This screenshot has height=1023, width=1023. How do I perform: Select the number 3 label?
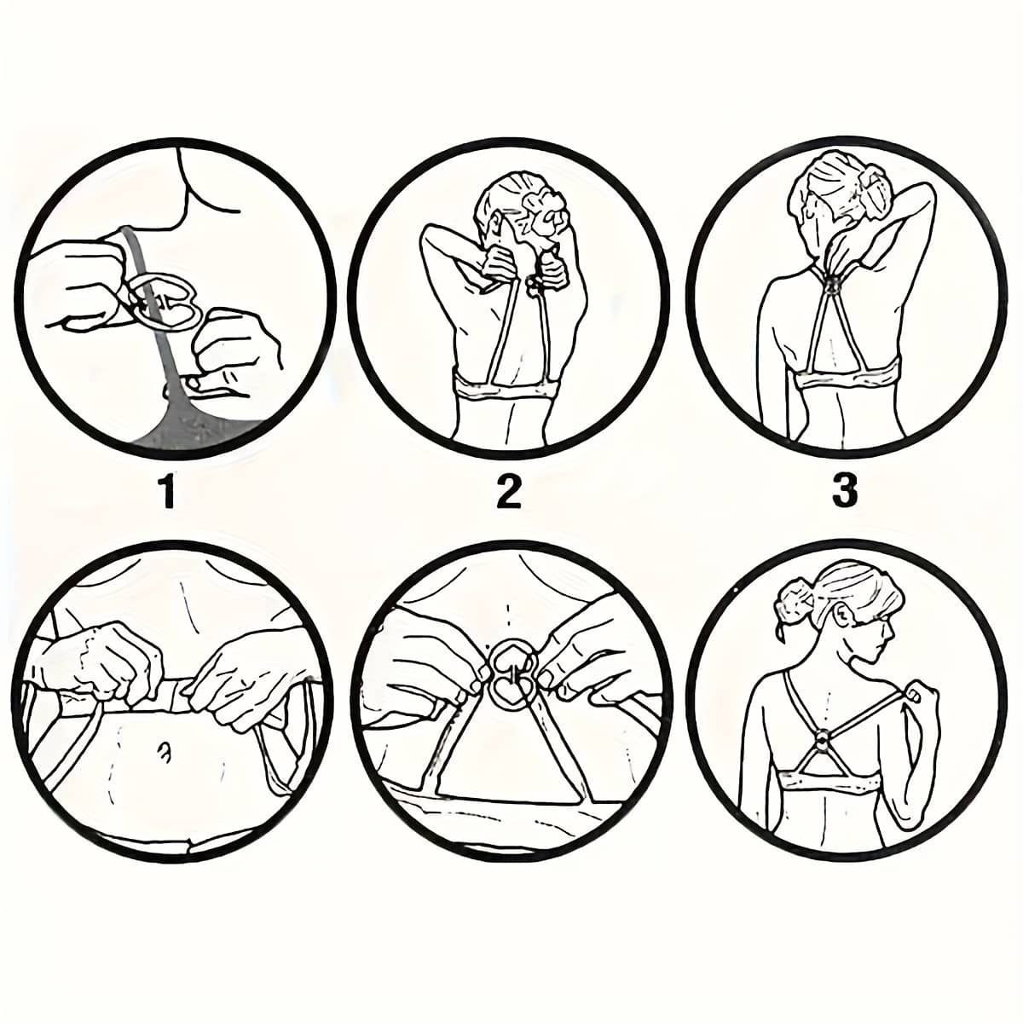coord(844,490)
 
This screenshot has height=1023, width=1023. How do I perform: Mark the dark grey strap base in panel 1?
coord(202,420)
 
